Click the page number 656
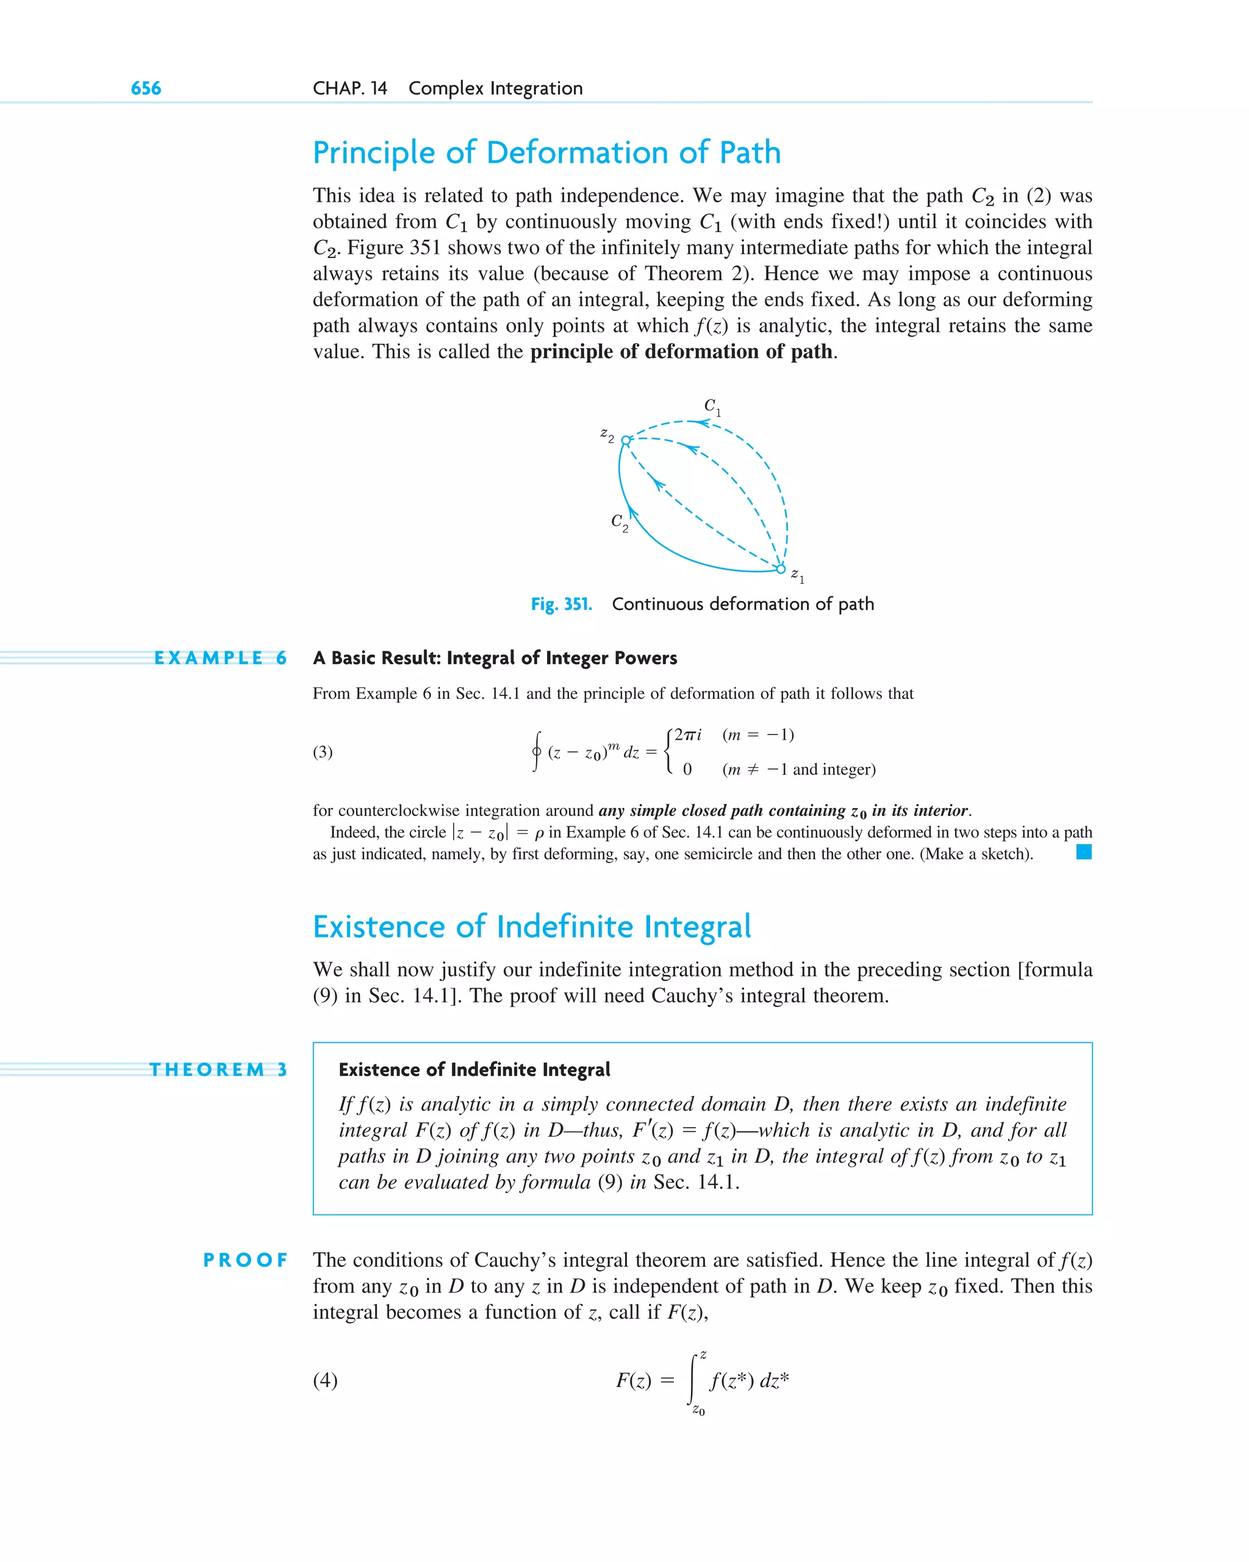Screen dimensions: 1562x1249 click(x=146, y=88)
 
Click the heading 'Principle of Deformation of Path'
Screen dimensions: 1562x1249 click(x=546, y=153)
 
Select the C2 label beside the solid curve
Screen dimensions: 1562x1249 click(x=618, y=521)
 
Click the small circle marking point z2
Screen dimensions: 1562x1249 click(x=626, y=440)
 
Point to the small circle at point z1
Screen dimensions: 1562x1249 click(x=780, y=568)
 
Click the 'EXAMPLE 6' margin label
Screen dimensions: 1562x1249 click(x=220, y=658)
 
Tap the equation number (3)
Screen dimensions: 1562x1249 click(x=323, y=752)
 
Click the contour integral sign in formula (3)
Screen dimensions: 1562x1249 click(x=536, y=752)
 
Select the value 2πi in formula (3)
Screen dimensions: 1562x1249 click(x=687, y=734)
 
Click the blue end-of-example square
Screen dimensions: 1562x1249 click(x=1083, y=852)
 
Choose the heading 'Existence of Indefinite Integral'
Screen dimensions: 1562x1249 click(x=532, y=926)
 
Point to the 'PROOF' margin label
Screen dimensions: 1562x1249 click(x=245, y=1260)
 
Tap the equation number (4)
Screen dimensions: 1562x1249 click(x=324, y=1380)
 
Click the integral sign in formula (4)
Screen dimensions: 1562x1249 click(x=693, y=1380)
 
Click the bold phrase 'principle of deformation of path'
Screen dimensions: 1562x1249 click(x=681, y=352)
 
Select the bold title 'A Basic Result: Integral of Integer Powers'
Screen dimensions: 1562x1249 click(x=495, y=658)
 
